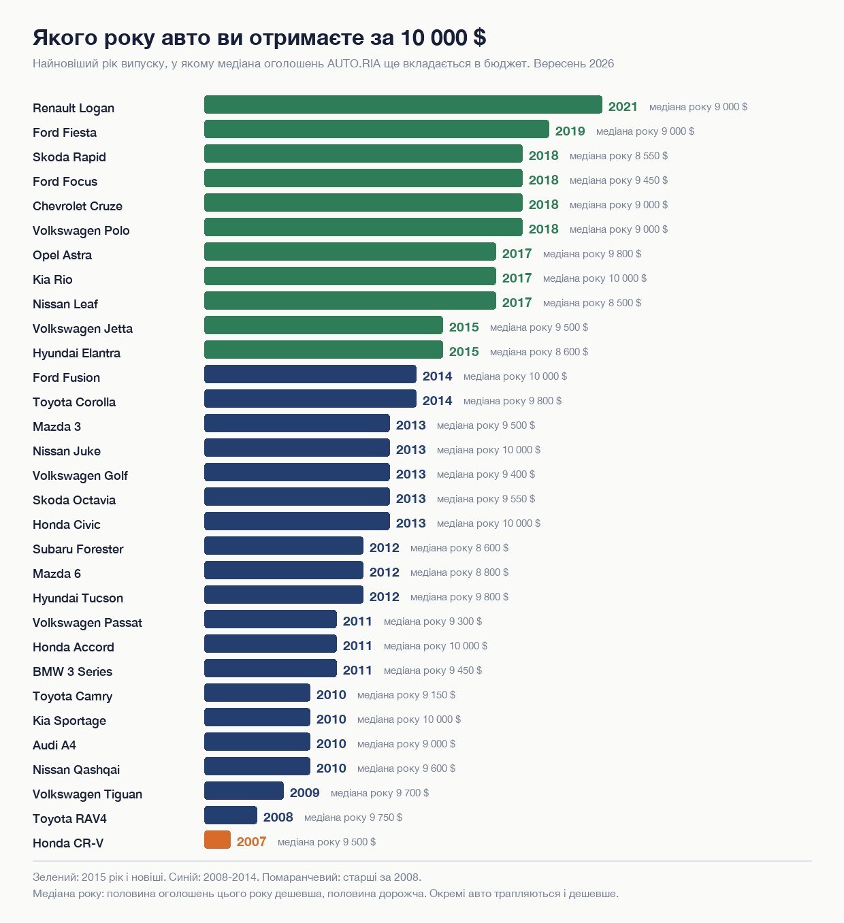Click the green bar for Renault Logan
(x=403, y=104)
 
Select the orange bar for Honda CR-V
(x=217, y=840)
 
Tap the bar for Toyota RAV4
(x=231, y=815)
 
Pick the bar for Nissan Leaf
(x=351, y=300)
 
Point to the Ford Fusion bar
(x=310, y=374)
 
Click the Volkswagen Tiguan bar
(x=244, y=791)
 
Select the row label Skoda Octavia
(x=74, y=500)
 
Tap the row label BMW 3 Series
(x=72, y=672)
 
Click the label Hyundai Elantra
(x=76, y=353)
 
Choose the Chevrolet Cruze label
(x=78, y=206)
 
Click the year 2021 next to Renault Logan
(x=623, y=107)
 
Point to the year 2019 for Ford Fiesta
(x=570, y=131)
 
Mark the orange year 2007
(x=251, y=841)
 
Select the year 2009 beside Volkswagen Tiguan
(x=304, y=793)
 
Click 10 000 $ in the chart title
(x=443, y=37)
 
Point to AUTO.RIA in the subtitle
(x=354, y=63)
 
